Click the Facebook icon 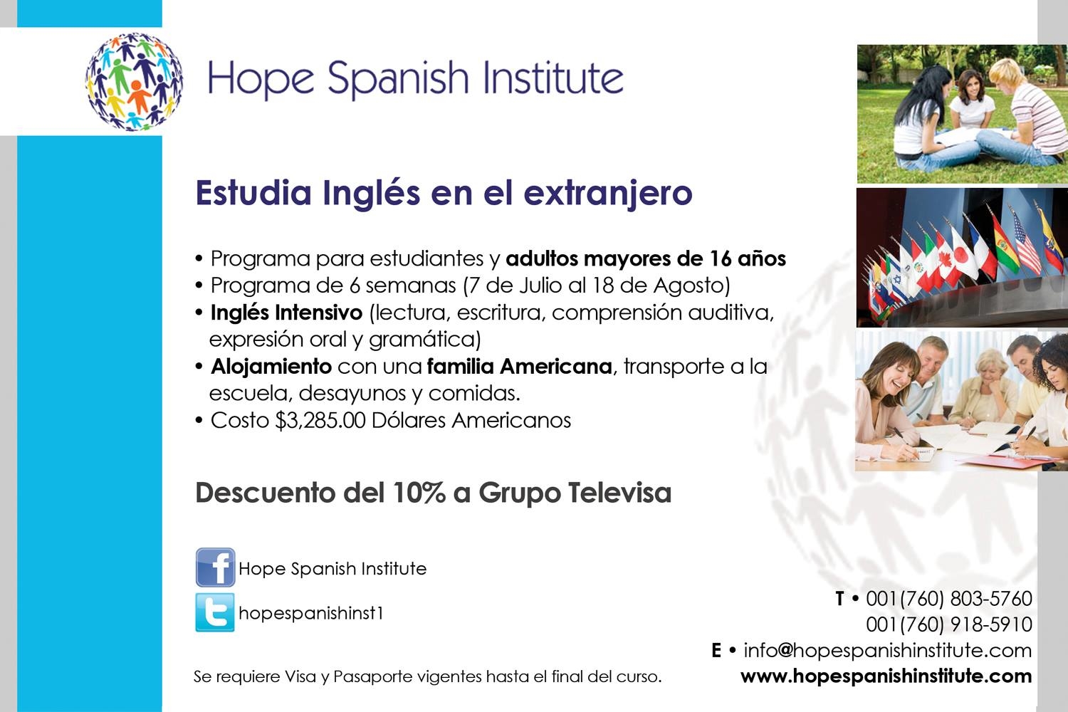(215, 567)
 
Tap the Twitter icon (215, 612)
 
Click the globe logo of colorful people (134, 81)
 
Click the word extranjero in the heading (608, 194)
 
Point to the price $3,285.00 (320, 421)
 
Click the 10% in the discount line (419, 493)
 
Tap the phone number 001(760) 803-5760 (949, 599)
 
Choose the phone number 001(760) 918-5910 (949, 624)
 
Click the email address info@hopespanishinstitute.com (888, 651)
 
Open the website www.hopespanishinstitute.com (886, 676)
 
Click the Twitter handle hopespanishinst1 (311, 613)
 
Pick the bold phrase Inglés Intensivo (286, 313)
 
